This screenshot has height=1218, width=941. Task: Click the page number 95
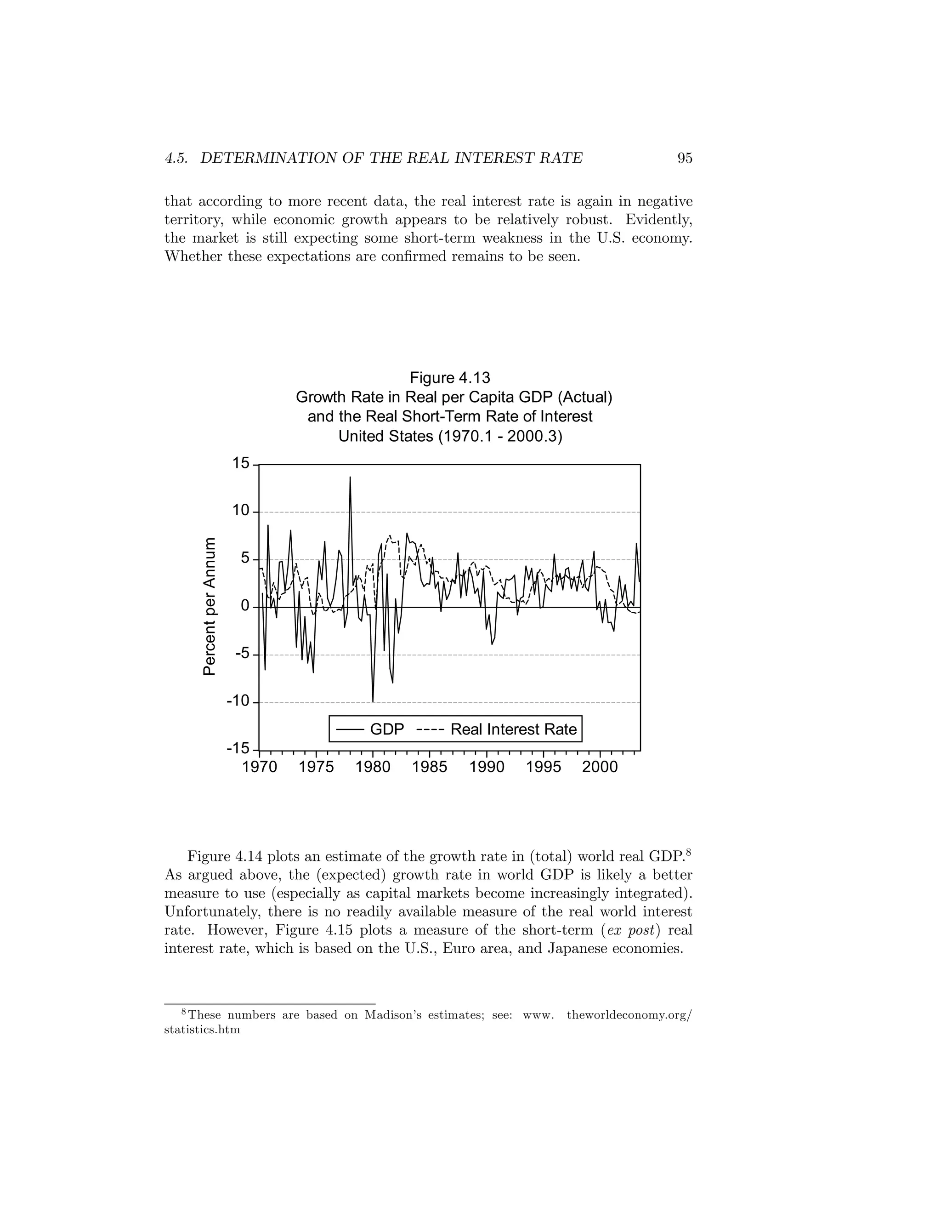pyautogui.click(x=685, y=159)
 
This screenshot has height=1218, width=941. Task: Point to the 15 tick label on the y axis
pyautogui.click(x=241, y=463)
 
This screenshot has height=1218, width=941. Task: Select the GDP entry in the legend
pyautogui.click(x=387, y=729)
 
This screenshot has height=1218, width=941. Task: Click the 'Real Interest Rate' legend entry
pyautogui.click(x=513, y=729)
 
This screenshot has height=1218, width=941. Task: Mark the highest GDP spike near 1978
pyautogui.click(x=350, y=478)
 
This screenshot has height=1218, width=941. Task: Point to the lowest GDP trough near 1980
pyautogui.click(x=373, y=700)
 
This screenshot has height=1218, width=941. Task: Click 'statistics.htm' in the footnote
pyautogui.click(x=202, y=1030)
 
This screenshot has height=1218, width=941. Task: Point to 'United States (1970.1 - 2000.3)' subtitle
pyautogui.click(x=450, y=436)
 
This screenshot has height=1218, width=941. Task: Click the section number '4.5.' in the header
pyautogui.click(x=177, y=159)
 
